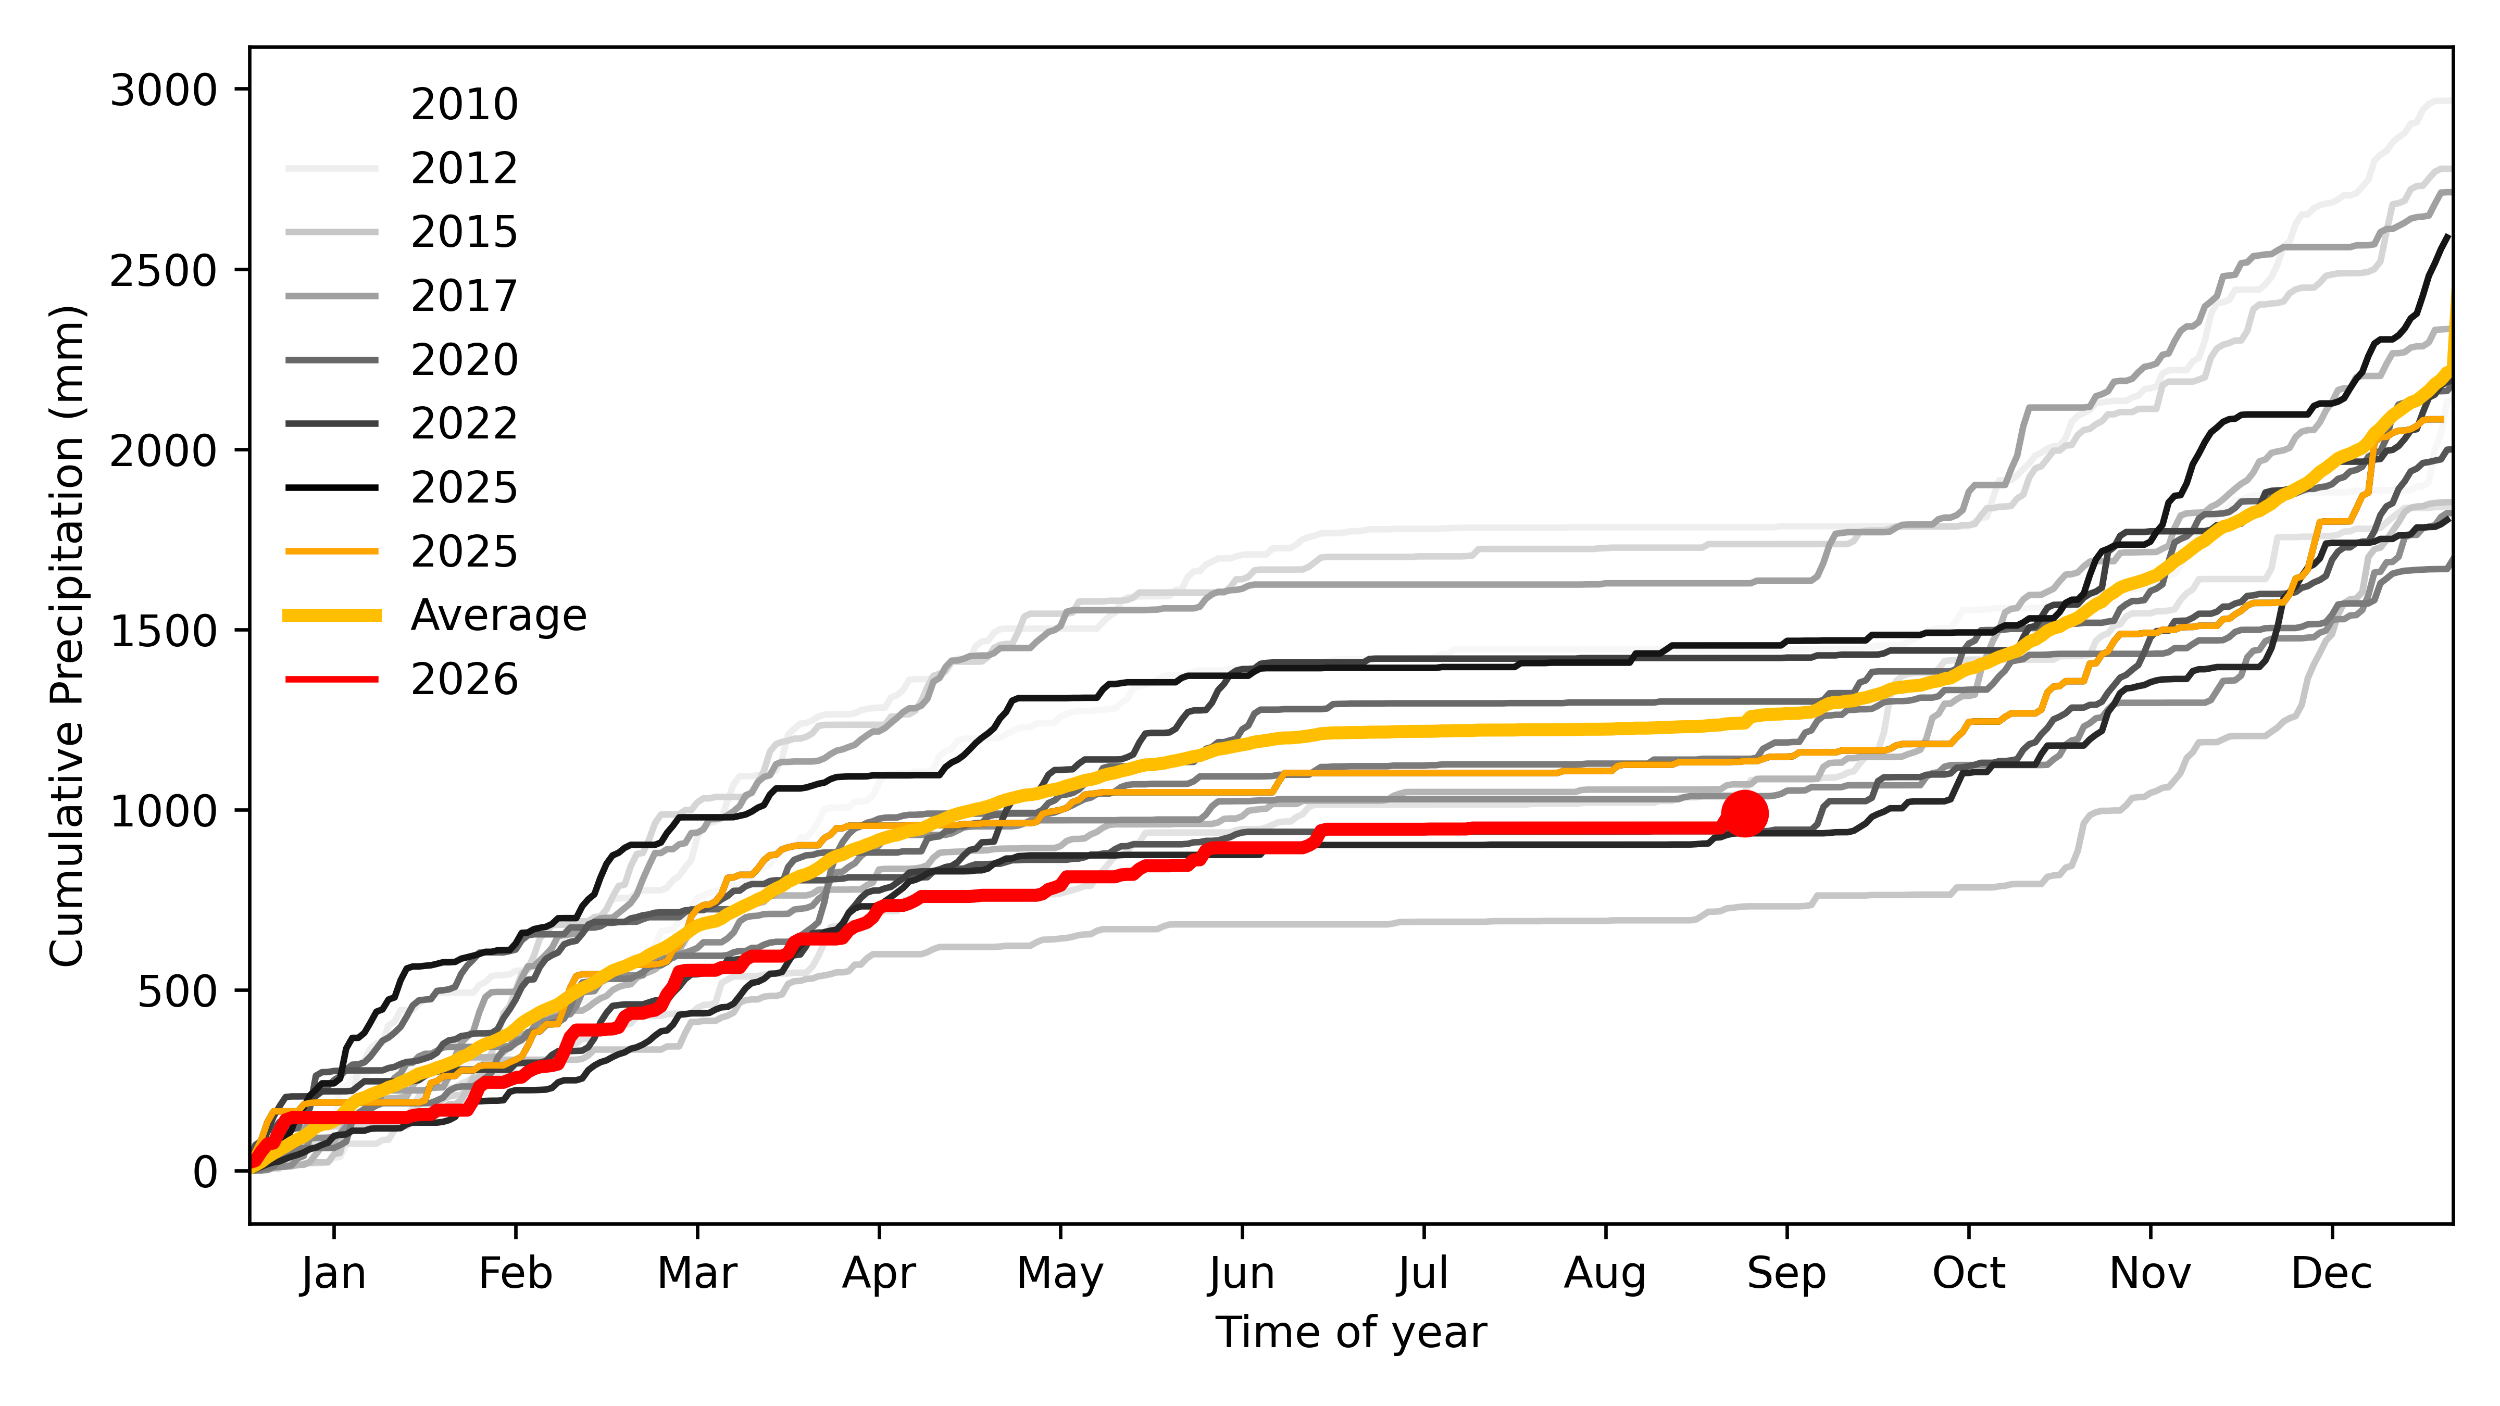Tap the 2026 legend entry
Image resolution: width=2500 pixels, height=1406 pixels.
coord(402,679)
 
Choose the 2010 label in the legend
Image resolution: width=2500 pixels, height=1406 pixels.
coord(464,104)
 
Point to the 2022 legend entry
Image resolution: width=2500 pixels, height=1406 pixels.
coord(402,423)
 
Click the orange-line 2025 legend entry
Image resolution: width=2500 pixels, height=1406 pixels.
coord(402,551)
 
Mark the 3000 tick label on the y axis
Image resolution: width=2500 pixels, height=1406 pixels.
coord(163,90)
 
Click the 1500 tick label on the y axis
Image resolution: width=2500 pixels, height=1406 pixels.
coord(163,631)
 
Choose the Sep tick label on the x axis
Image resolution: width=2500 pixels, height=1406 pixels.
coord(1786,1273)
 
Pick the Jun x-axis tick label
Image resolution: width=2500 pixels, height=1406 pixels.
coord(1242,1273)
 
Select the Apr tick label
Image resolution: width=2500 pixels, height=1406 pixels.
coord(879,1273)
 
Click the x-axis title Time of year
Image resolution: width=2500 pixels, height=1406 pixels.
coord(1351,1332)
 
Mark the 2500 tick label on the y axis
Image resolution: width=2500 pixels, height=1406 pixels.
coord(163,271)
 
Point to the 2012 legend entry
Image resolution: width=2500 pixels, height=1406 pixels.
coord(402,168)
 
